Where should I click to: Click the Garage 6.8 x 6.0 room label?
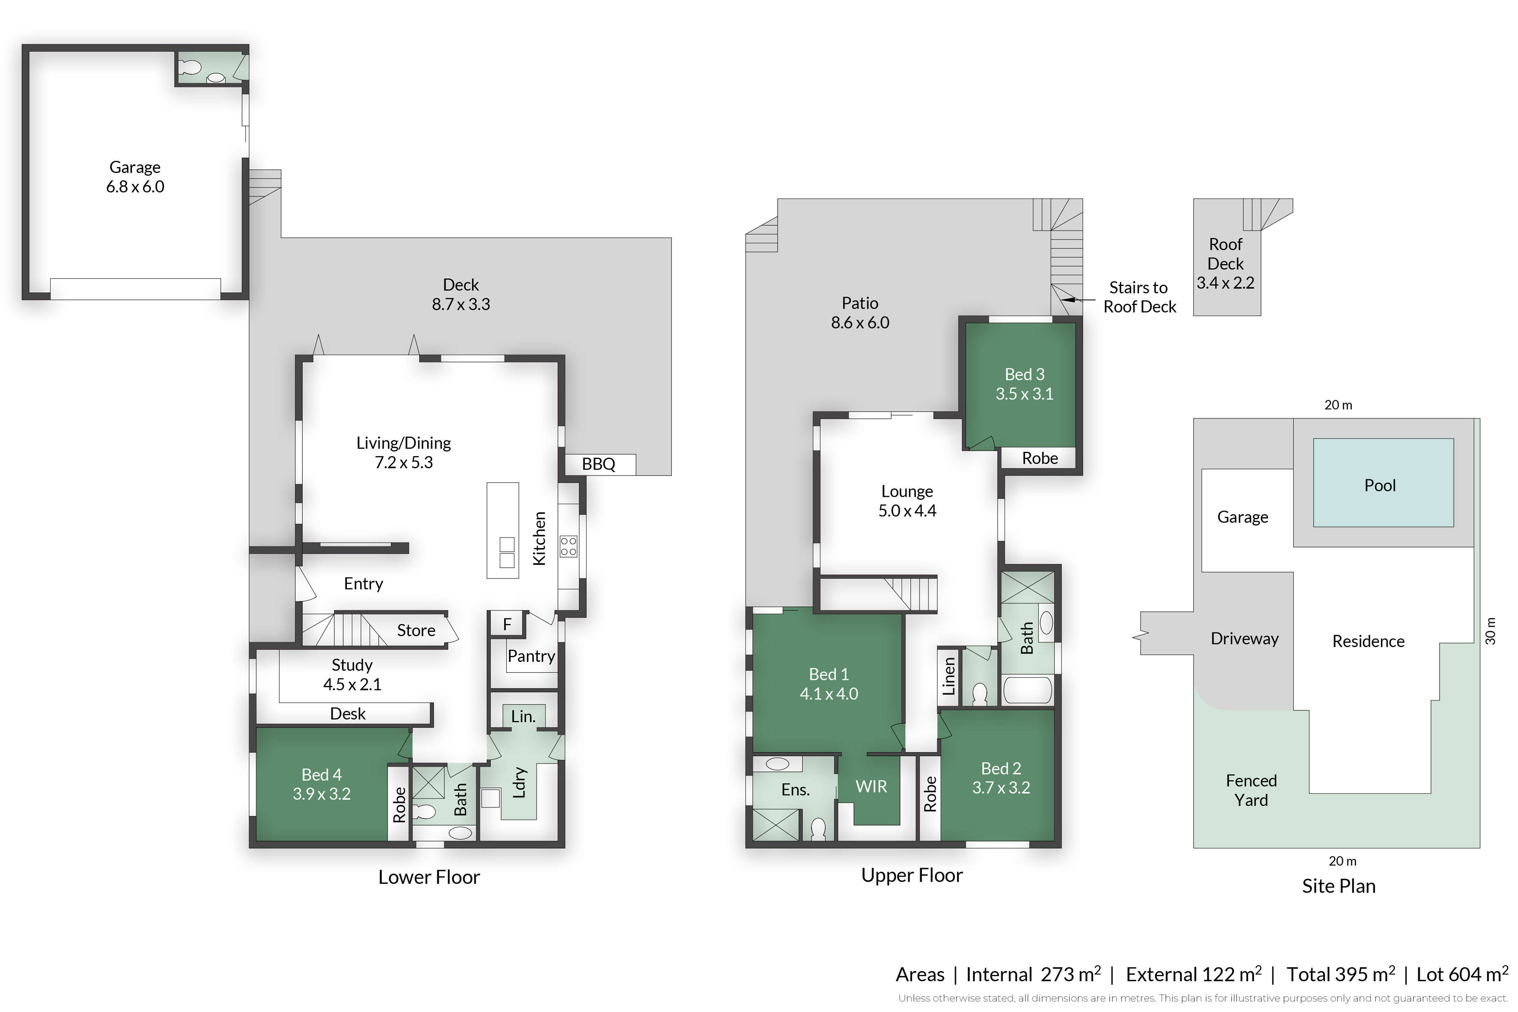[135, 177]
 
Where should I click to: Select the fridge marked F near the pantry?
[507, 624]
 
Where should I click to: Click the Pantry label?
[531, 656]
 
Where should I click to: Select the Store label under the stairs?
[416, 631]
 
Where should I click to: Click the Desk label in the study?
[348, 714]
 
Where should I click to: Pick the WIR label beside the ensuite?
[871, 786]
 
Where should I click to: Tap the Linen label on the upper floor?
[948, 676]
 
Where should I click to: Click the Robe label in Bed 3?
[1040, 458]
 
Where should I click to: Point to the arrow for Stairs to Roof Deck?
[1079, 300]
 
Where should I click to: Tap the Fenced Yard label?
[1251, 790]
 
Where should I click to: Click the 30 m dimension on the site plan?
[1490, 631]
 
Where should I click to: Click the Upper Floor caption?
[912, 875]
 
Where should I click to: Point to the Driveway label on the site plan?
[1244, 638]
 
